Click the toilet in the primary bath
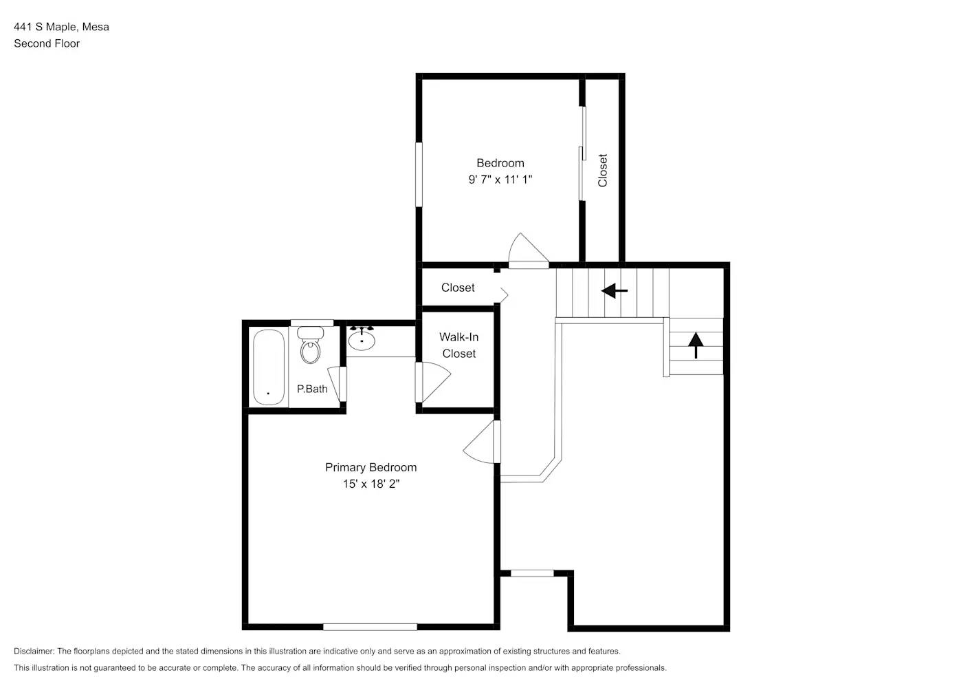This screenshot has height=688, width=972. coord(311,347)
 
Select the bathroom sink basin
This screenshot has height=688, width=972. coord(362,339)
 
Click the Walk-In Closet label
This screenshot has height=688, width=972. coord(459,345)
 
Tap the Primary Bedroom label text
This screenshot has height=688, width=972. coord(371,467)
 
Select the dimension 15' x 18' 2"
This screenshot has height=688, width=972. coord(371,484)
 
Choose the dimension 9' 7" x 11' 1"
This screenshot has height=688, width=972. coord(500,180)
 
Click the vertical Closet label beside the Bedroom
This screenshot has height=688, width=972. coord(603,170)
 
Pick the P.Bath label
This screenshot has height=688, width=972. coord(312,389)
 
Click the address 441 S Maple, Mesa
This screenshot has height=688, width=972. coord(61,27)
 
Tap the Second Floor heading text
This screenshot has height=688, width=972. coord(47,43)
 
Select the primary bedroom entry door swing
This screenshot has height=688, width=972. coord(481,444)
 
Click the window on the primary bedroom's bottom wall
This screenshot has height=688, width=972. coord(370,627)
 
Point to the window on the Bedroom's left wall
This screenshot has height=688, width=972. coord(419,173)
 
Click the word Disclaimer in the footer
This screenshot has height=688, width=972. coord(34,651)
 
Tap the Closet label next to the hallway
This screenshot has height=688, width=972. coord(458,288)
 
